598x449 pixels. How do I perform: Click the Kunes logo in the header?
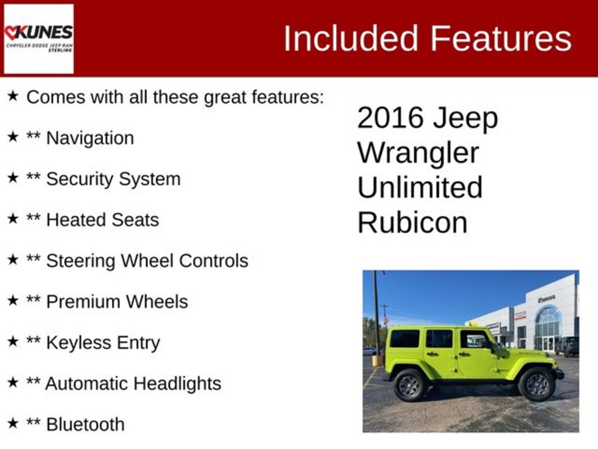coord(39,39)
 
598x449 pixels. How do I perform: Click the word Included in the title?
coord(350,39)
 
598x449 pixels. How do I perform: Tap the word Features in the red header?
coord(501,39)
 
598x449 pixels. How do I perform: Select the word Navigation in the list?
coord(90,139)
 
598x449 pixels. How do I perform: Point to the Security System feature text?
coord(113,179)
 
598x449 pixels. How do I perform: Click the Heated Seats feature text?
coord(102,220)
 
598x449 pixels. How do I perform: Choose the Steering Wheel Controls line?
coord(147,261)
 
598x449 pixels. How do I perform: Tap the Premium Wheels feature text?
coord(117,302)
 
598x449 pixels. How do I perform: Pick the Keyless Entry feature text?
coord(103,343)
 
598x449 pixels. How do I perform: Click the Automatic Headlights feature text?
coord(133,384)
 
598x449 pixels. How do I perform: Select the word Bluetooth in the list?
coord(85,424)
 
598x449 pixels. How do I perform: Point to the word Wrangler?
coord(418,153)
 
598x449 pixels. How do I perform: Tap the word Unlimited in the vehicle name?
coord(420,188)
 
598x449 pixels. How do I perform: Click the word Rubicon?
coord(412,223)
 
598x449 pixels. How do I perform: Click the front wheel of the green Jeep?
coord(536,384)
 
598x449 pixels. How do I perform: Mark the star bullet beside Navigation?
coord(13,137)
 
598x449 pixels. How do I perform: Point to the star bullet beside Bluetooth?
coord(13,423)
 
